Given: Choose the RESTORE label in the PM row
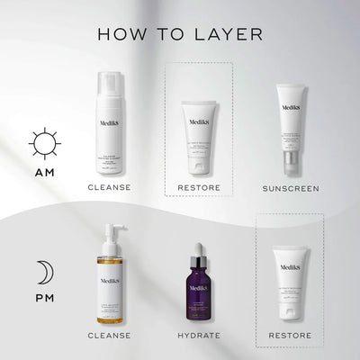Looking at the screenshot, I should [289, 337].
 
